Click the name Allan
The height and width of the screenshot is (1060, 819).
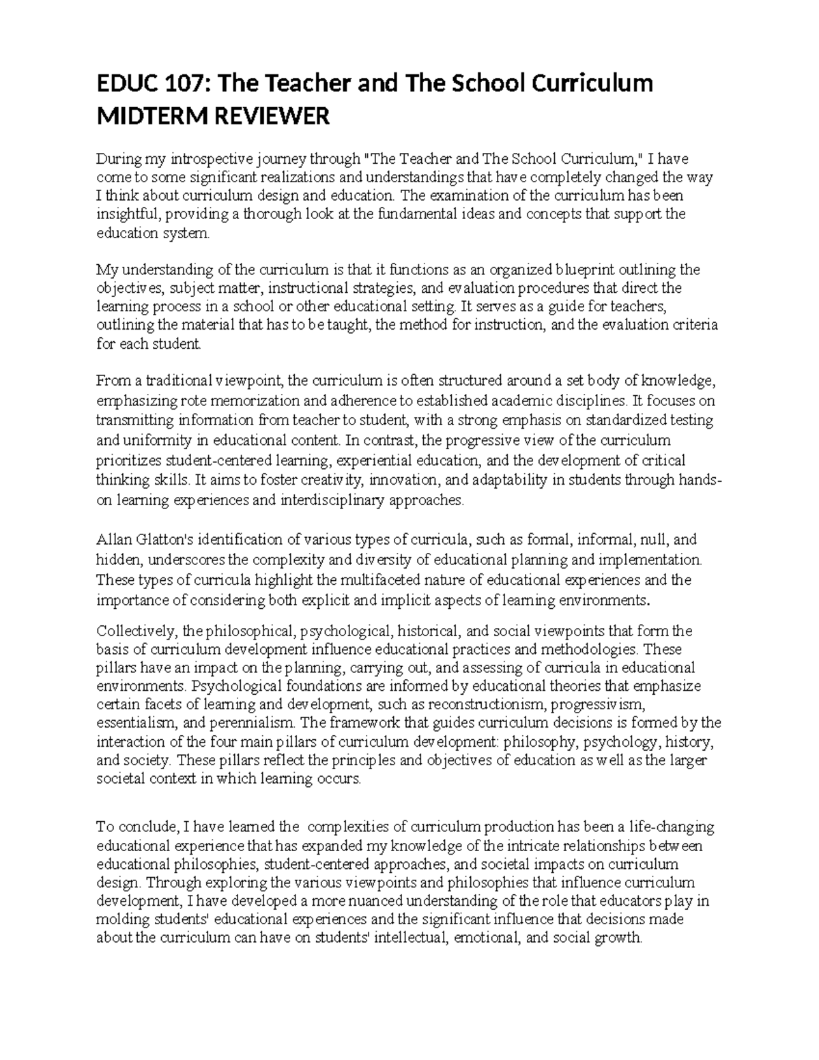pyautogui.click(x=112, y=540)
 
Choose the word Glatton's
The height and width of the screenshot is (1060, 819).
pyautogui.click(x=162, y=540)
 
